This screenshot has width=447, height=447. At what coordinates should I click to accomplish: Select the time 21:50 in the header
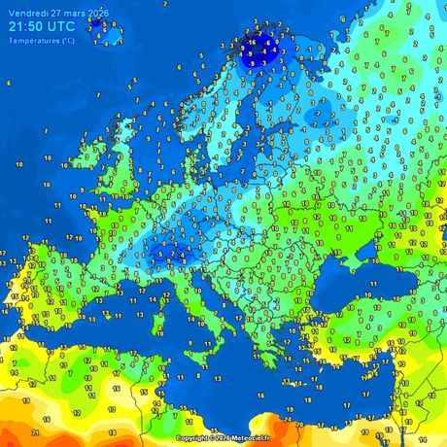pyautogui.click(x=28, y=27)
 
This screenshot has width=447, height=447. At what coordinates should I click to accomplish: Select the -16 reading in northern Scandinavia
pyautogui.click(x=251, y=44)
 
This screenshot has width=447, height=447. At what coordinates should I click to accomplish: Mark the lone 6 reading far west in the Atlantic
pyautogui.click(x=9, y=83)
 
